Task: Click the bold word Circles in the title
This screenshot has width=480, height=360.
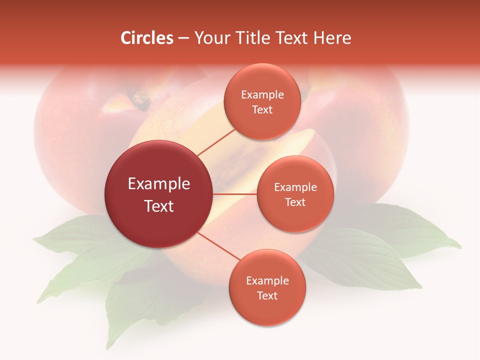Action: (147, 38)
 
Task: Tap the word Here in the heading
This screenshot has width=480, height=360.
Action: (332, 38)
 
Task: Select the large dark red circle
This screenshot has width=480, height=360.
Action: (159, 194)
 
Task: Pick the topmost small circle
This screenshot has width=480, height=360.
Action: (262, 101)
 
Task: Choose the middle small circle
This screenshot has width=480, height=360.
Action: (295, 194)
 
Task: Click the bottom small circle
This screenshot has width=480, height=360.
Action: (267, 287)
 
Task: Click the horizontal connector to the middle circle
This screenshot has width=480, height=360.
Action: (235, 194)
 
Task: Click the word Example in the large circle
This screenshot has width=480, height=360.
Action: (159, 184)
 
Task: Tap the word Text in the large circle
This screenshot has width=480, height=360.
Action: (159, 206)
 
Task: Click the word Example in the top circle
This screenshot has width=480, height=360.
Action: (262, 94)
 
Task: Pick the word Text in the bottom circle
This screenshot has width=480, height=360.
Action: (267, 295)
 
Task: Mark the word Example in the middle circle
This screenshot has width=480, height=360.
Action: (295, 187)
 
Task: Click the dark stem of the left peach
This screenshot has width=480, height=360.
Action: (141, 100)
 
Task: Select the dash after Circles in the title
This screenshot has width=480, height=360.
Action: (183, 38)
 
